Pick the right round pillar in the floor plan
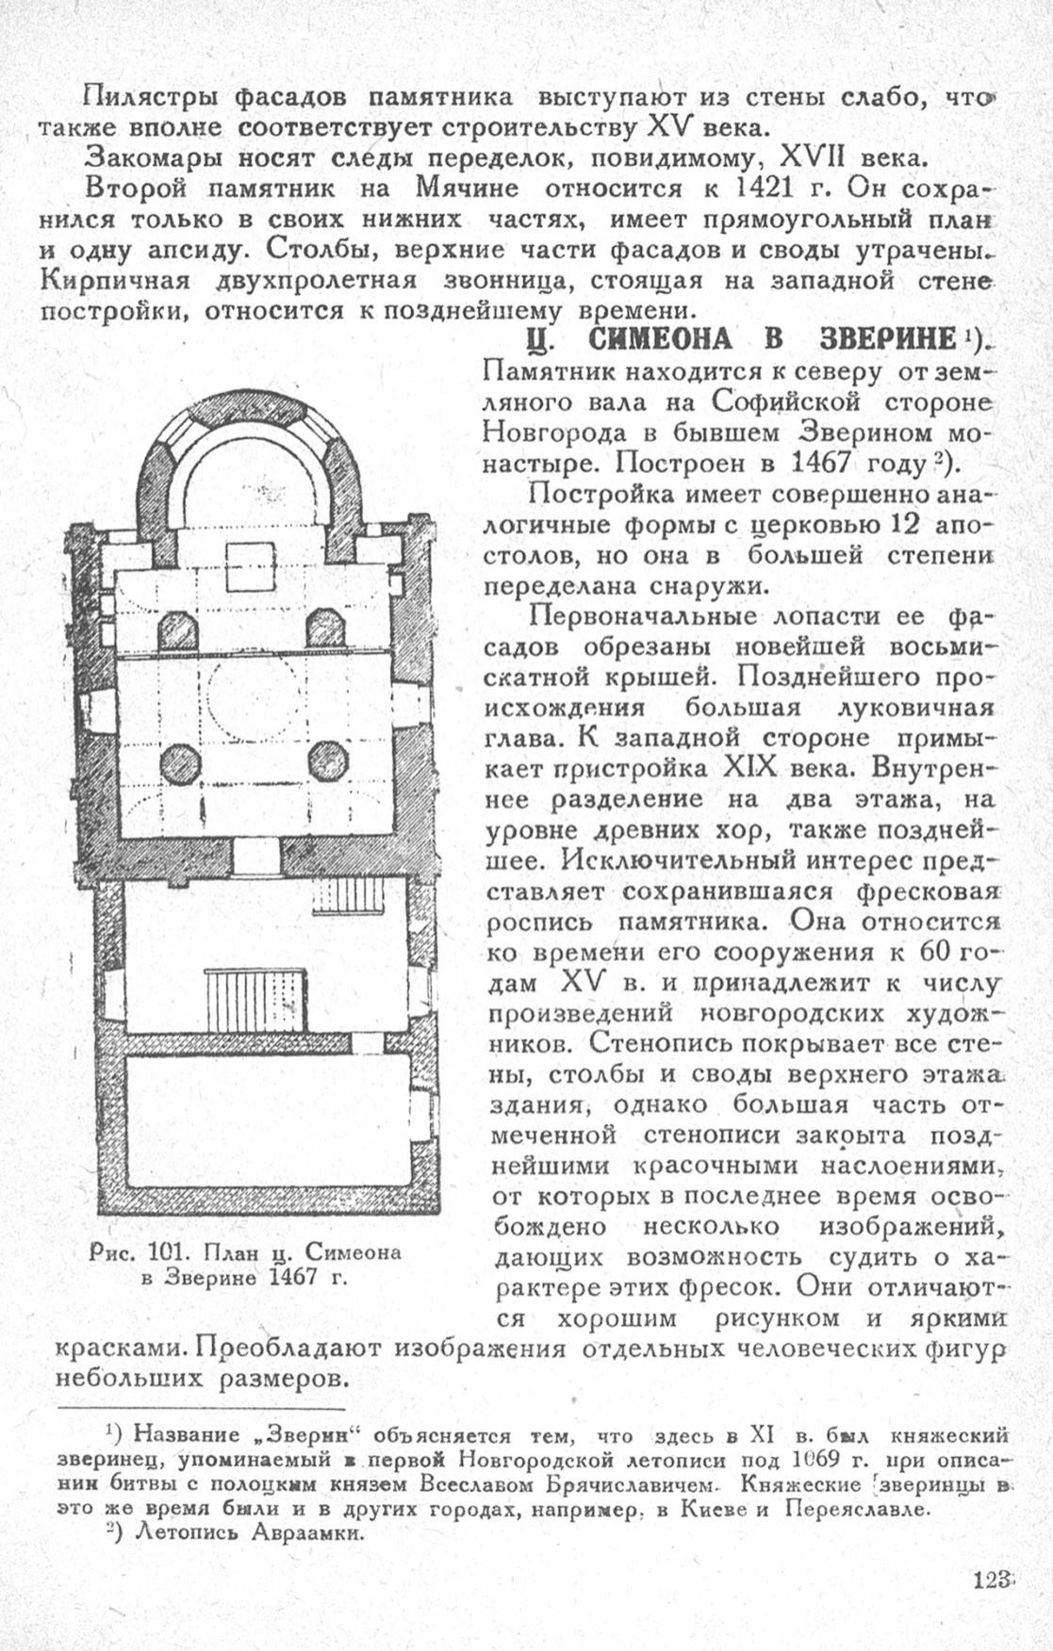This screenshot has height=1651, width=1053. coord(328,761)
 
